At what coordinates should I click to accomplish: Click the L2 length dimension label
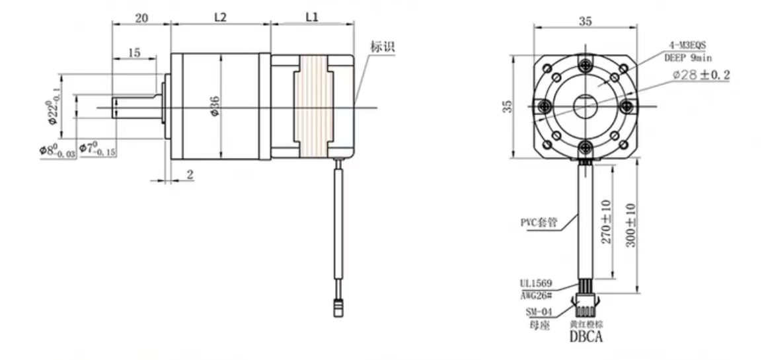coord(221,18)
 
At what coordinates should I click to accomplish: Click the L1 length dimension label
coord(312,18)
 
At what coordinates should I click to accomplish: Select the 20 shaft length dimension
coord(141,18)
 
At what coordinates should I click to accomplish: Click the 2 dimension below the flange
coord(190,174)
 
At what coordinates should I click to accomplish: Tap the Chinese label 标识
coord(382,47)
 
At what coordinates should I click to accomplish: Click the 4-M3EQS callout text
coord(685,45)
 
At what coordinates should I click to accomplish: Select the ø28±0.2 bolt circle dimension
coord(701,75)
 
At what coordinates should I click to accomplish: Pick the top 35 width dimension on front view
coord(585,21)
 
